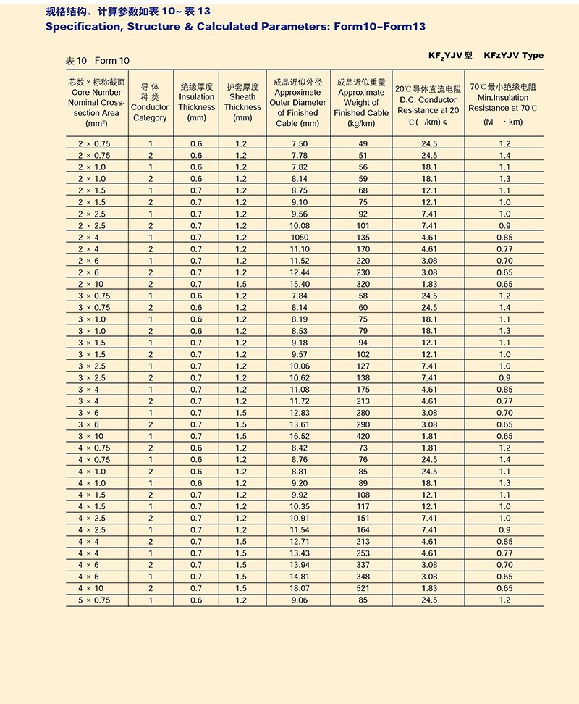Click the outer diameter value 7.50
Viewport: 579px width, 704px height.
(299, 143)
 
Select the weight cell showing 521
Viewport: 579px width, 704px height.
(362, 588)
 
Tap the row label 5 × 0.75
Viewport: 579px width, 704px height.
(94, 600)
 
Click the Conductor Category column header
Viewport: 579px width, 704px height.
(150, 102)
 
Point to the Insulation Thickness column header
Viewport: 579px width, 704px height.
(196, 102)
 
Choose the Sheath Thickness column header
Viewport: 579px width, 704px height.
(242, 102)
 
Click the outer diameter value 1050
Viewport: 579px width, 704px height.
(299, 237)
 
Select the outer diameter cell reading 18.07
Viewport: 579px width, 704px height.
(299, 588)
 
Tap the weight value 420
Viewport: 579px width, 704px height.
(362, 436)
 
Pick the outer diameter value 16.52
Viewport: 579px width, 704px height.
(299, 436)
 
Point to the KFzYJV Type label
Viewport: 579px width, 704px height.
(512, 55)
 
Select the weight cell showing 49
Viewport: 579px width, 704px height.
(362, 143)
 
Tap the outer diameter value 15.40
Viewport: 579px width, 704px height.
(299, 284)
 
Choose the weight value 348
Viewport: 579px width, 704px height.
(362, 577)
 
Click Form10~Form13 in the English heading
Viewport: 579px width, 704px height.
(377, 26)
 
